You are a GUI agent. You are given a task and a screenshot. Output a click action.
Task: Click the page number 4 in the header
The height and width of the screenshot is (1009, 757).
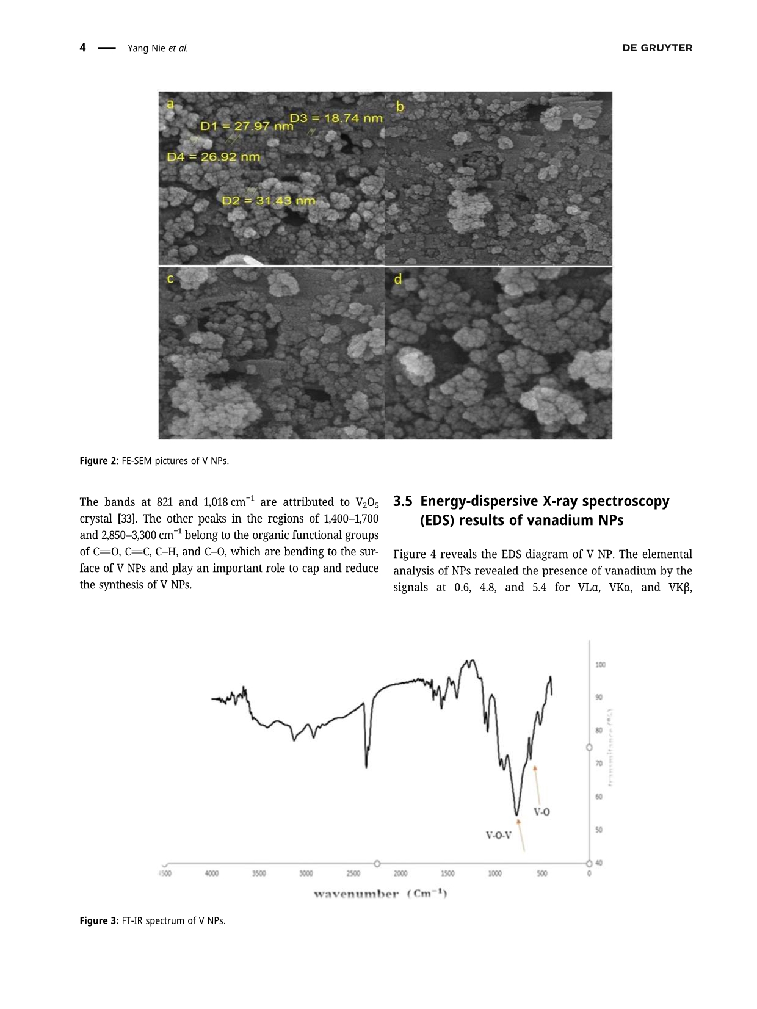click(82, 48)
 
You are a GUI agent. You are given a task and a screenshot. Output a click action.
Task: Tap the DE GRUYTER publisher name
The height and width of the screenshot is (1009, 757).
click(657, 48)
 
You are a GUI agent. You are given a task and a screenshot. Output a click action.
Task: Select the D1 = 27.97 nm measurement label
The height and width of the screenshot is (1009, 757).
click(247, 126)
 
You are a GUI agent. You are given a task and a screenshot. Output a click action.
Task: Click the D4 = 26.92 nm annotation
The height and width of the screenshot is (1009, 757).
click(214, 157)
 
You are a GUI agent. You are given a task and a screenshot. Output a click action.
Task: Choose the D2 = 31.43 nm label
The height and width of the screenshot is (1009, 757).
click(269, 201)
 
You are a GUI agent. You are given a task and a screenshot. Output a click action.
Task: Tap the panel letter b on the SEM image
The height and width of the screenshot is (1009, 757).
click(400, 107)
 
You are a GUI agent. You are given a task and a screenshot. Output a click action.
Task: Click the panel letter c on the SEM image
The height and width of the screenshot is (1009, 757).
click(170, 279)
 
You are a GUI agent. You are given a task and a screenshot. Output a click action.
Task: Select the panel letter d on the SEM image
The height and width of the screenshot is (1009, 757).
click(398, 280)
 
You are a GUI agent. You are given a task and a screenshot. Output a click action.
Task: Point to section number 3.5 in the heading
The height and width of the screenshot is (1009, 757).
click(402, 501)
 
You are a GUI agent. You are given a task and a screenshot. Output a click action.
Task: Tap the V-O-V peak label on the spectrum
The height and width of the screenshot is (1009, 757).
click(498, 835)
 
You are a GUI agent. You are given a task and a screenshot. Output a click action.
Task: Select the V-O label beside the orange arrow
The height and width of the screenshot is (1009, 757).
click(541, 812)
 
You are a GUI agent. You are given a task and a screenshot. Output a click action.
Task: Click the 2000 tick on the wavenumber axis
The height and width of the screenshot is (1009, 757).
click(400, 873)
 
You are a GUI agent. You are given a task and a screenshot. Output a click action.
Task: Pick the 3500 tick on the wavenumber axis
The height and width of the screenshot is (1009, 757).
click(259, 873)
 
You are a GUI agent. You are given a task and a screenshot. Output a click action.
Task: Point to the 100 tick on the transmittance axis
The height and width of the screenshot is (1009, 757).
click(600, 665)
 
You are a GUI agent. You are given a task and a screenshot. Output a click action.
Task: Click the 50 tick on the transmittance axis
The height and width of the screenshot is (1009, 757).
click(599, 830)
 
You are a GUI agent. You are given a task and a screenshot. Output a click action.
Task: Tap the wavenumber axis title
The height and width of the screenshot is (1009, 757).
click(380, 894)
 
